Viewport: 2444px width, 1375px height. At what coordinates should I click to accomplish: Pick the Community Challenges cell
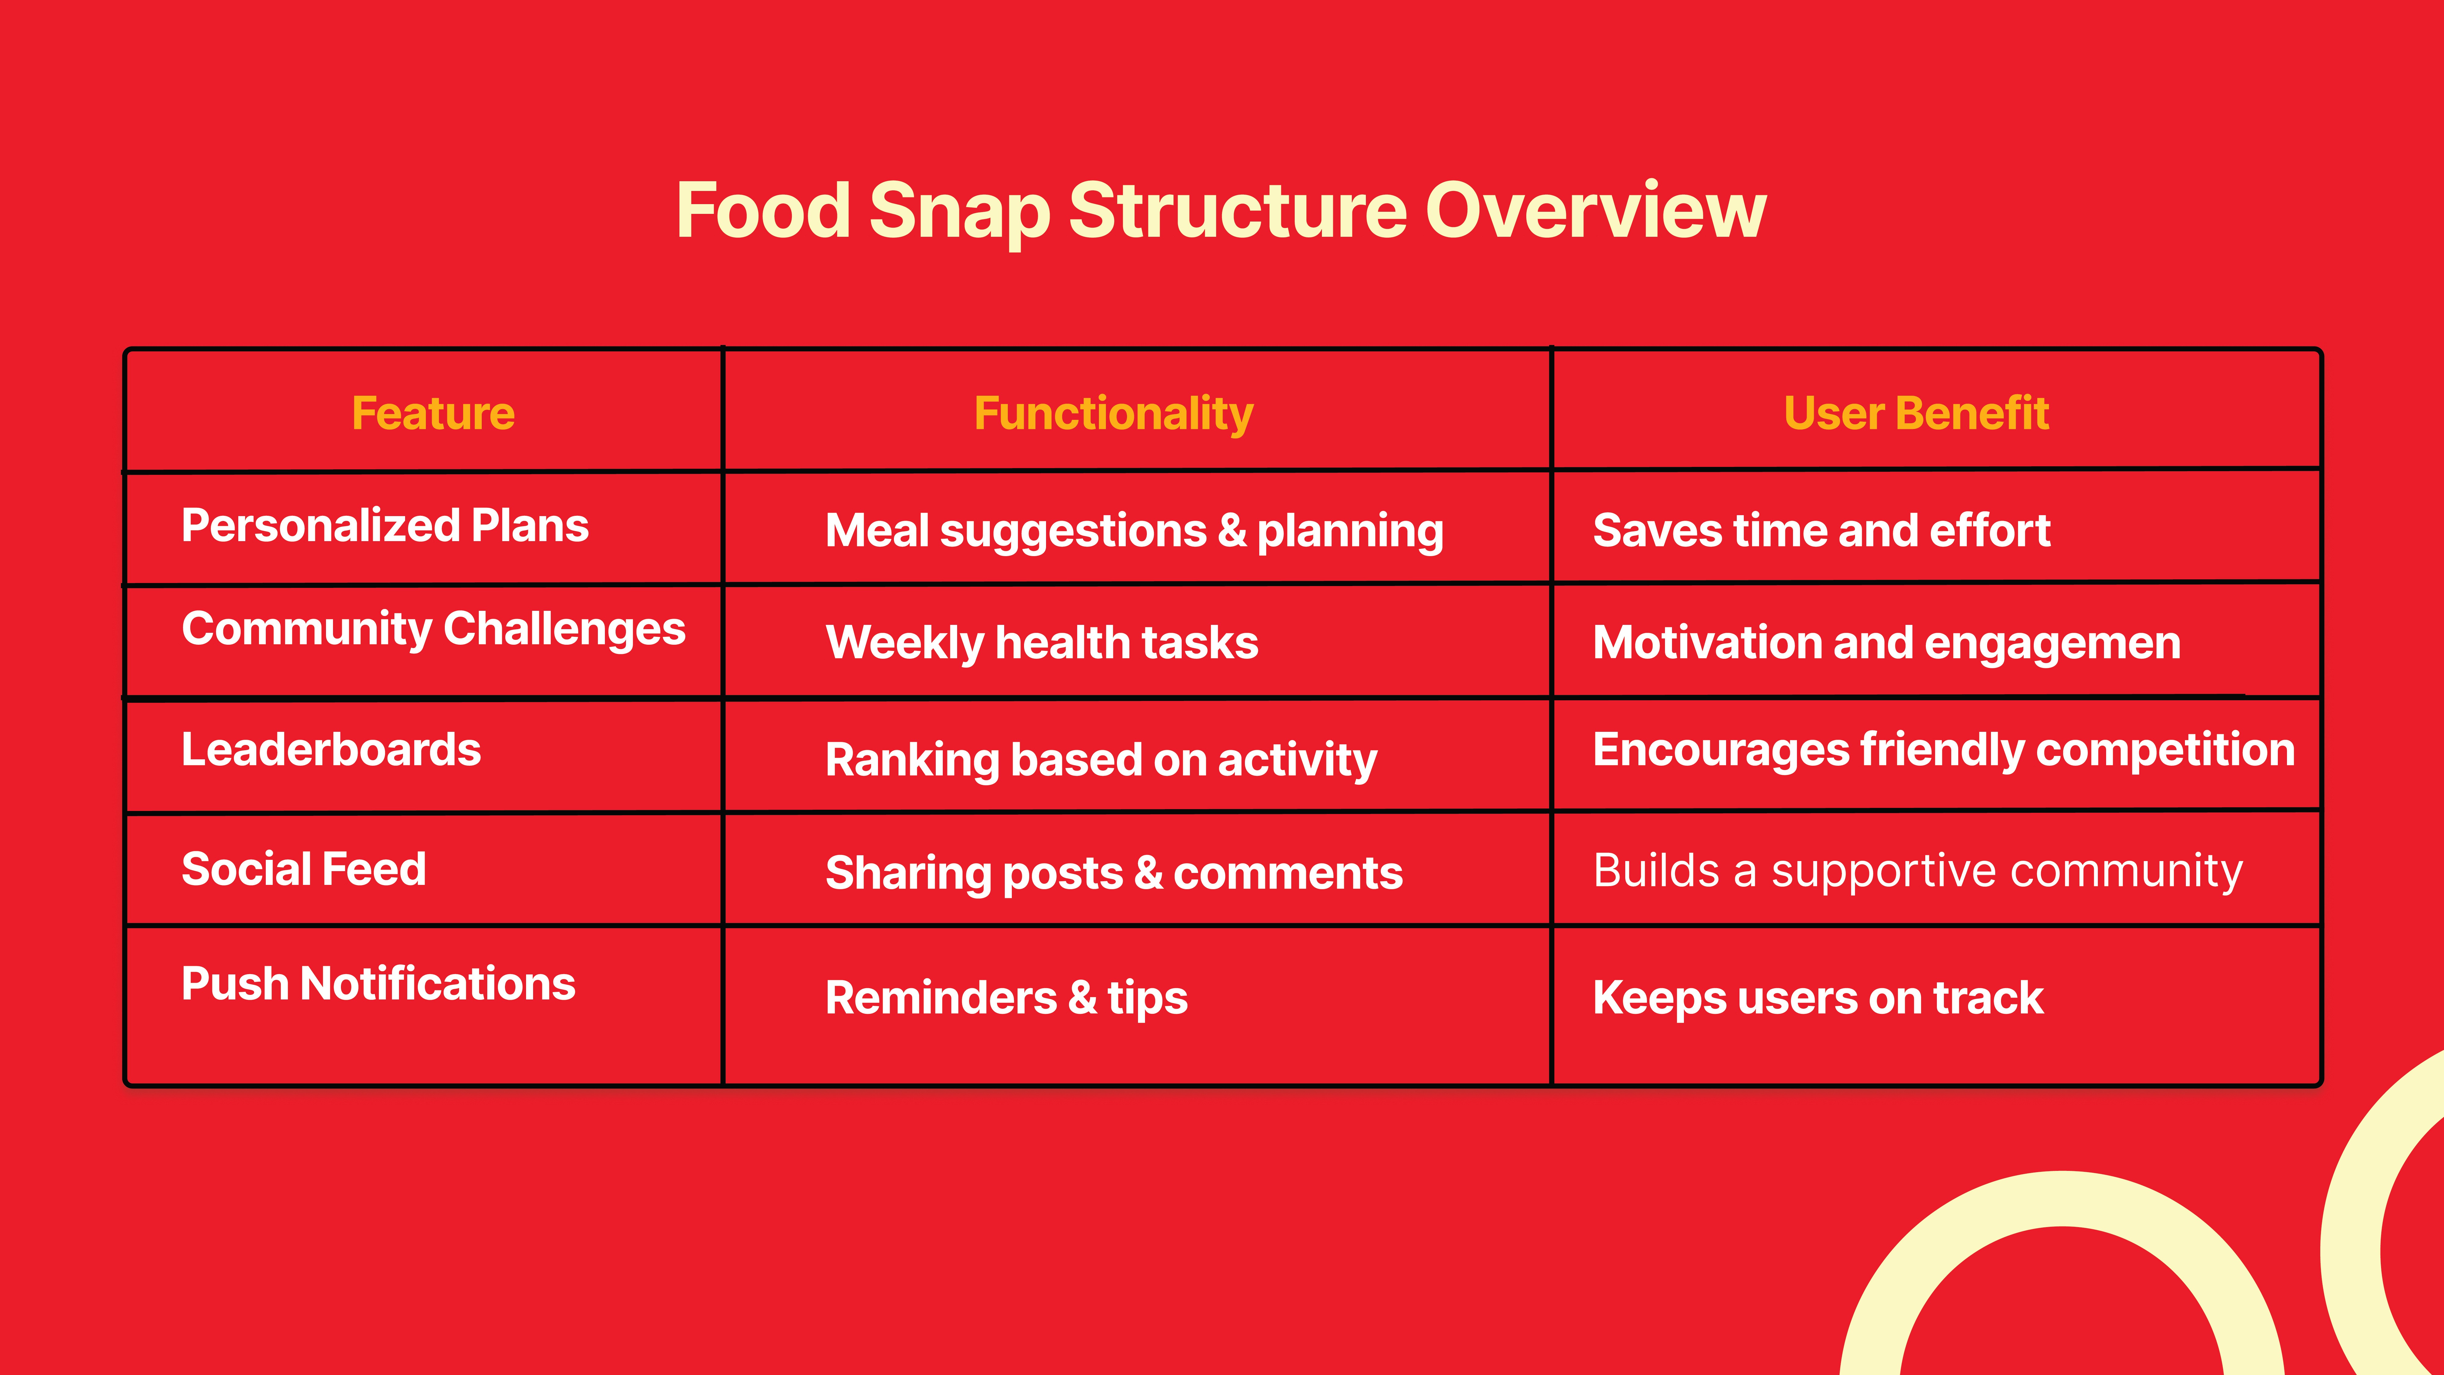pyautogui.click(x=434, y=629)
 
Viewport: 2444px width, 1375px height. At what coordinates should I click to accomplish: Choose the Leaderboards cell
pyautogui.click(x=331, y=750)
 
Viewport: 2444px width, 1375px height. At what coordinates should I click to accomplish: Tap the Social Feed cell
pyautogui.click(x=304, y=869)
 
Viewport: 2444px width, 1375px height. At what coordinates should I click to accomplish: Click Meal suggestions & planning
pyautogui.click(x=1135, y=531)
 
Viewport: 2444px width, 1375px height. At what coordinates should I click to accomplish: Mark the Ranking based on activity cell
pyautogui.click(x=1100, y=760)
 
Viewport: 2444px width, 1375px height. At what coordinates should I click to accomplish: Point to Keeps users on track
pyautogui.click(x=1818, y=997)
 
